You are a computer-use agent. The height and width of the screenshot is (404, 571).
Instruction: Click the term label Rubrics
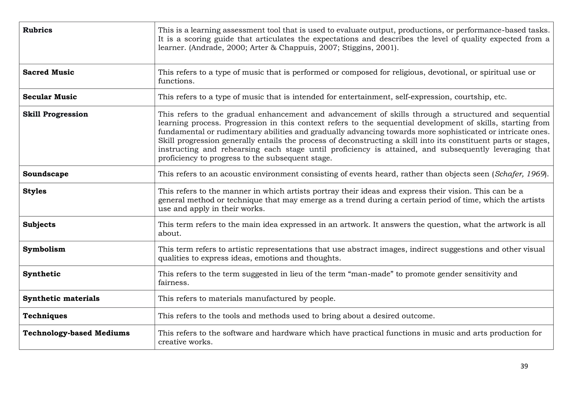click(37, 30)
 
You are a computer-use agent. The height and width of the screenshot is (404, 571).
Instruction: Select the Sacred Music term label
click(49, 72)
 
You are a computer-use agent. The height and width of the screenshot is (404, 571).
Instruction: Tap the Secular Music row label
click(50, 97)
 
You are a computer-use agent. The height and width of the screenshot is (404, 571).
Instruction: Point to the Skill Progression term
click(55, 114)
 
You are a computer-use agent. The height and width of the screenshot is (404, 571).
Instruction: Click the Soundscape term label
click(45, 174)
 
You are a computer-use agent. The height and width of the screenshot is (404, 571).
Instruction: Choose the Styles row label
click(35, 191)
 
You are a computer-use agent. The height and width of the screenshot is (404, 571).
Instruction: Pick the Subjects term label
click(39, 225)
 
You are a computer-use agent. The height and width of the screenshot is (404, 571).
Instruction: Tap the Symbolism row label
click(44, 249)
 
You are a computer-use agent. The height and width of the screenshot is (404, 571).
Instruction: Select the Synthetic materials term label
click(61, 299)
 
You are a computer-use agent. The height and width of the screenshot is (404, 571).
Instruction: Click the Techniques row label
click(45, 316)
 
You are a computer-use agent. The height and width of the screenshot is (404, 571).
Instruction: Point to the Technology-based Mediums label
click(76, 333)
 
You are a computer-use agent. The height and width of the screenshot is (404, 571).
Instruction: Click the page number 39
click(524, 366)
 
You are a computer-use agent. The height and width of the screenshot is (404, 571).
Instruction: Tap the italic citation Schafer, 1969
click(520, 174)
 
